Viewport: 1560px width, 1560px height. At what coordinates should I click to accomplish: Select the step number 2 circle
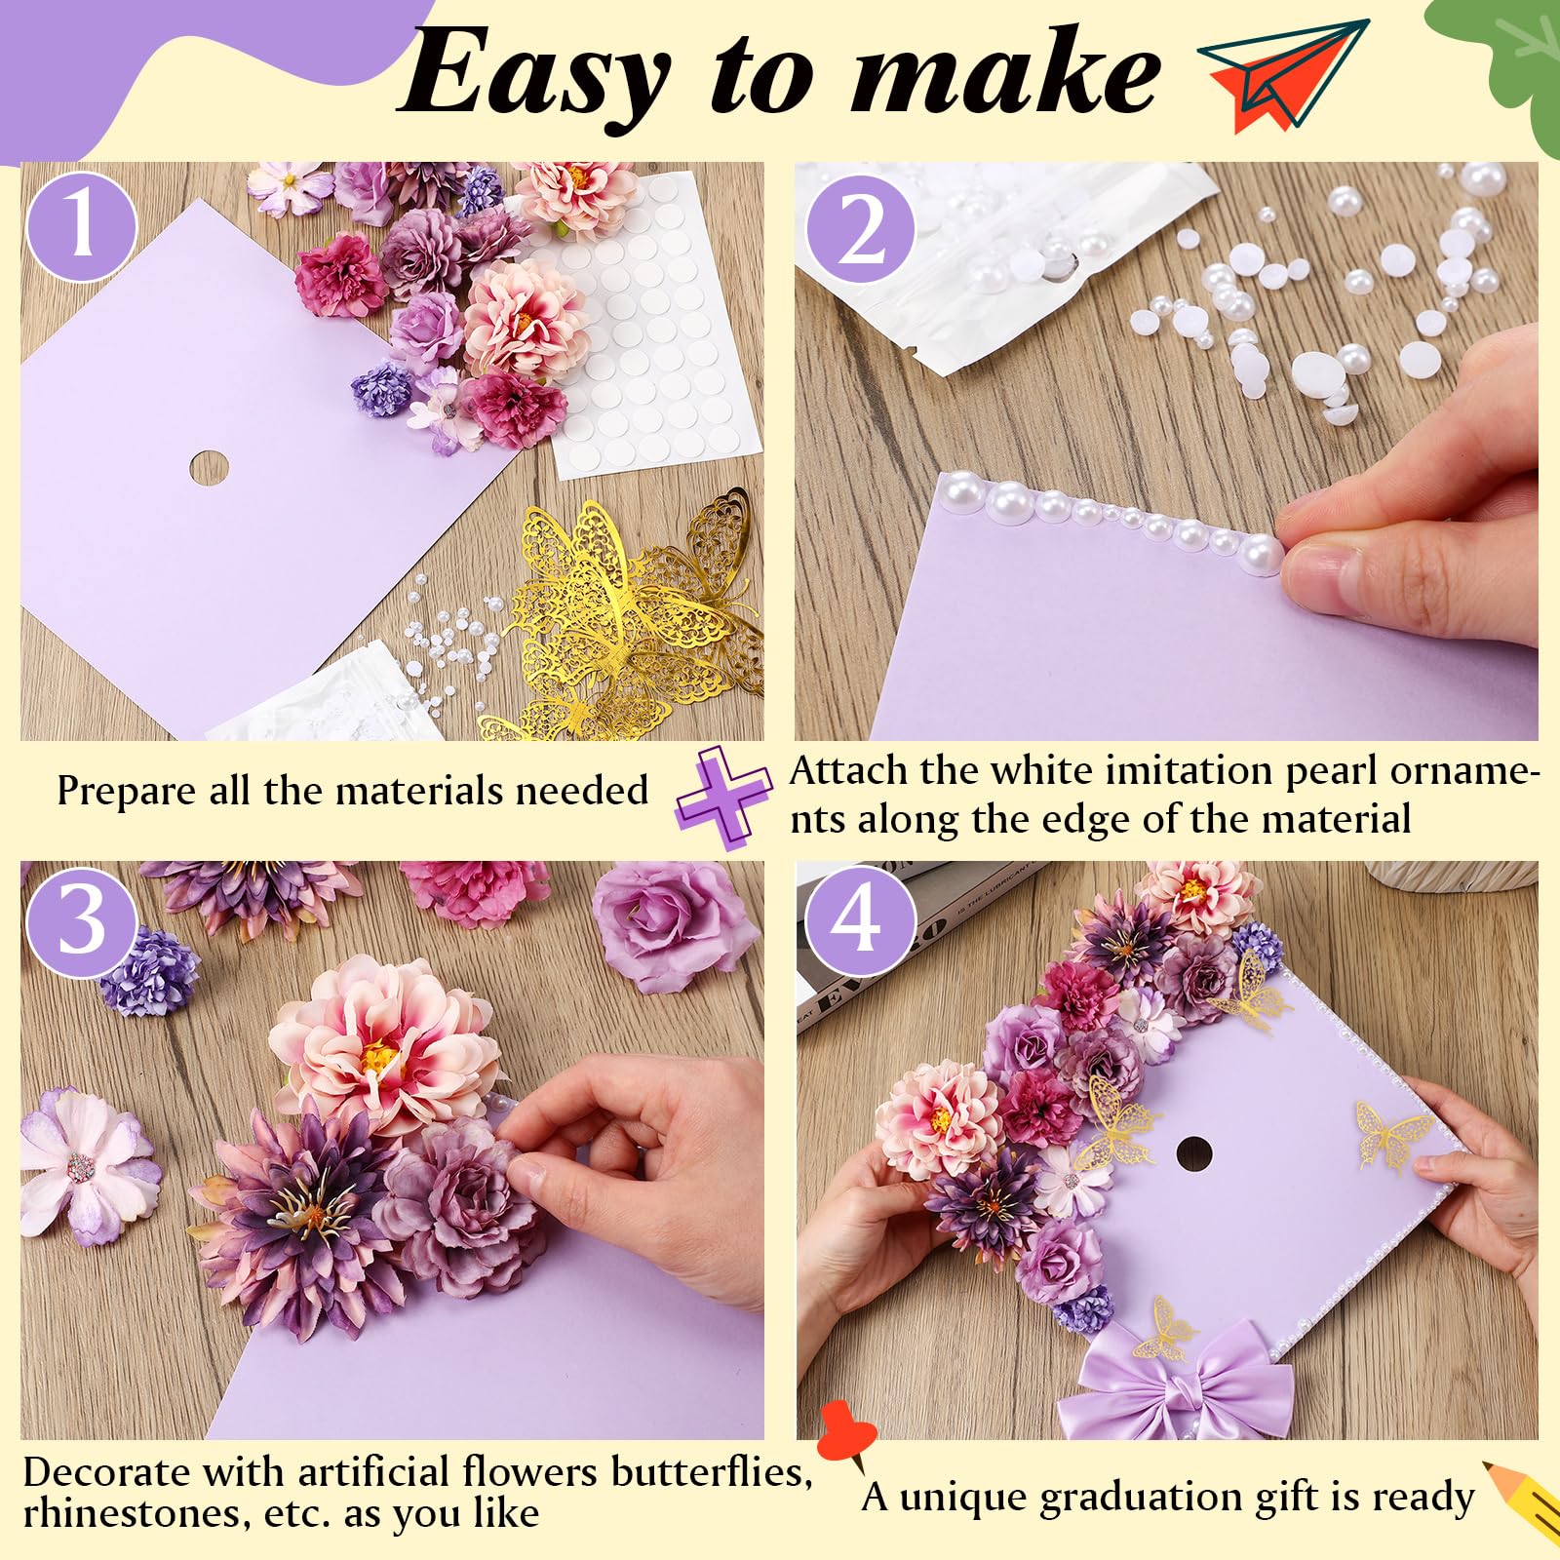(x=860, y=230)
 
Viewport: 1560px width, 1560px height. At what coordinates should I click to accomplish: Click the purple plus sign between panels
(x=723, y=798)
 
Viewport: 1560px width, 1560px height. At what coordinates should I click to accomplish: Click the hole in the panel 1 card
(x=208, y=468)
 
